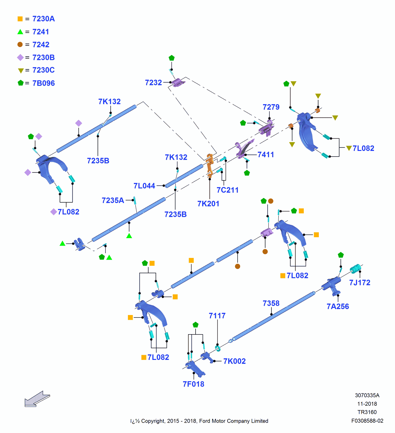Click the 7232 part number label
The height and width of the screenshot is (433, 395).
click(153, 83)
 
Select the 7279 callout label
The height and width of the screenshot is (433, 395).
click(271, 107)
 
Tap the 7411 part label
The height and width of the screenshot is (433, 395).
click(266, 154)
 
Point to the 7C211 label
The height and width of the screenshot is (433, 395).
click(227, 190)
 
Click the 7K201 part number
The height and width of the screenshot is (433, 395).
click(208, 204)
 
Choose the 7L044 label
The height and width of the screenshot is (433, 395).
click(144, 186)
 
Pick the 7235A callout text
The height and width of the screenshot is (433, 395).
click(113, 200)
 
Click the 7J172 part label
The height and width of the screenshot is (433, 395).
click(360, 283)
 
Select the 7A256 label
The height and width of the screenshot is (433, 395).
click(338, 307)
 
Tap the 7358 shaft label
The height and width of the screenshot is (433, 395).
click(271, 303)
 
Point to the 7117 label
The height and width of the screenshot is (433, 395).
click(217, 316)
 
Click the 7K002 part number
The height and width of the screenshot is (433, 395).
click(234, 361)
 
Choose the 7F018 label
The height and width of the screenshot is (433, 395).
click(193, 384)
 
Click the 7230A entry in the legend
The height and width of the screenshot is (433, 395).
click(44, 19)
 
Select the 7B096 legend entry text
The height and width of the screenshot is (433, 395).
click(44, 83)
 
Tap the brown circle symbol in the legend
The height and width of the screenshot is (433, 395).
click(20, 45)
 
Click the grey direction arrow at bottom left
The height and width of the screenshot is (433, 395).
click(37, 399)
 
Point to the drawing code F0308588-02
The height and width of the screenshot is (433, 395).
click(367, 421)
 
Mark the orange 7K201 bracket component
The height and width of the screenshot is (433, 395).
click(210, 165)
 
